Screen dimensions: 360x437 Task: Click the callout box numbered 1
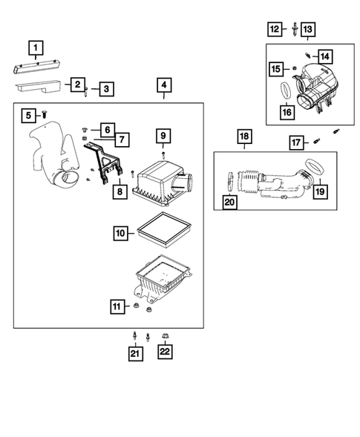pos(36,47)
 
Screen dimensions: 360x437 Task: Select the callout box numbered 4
pos(164,85)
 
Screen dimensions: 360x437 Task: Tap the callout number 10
pos(121,233)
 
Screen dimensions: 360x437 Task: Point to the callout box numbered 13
pos(308,29)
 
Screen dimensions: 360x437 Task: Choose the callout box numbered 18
pos(244,137)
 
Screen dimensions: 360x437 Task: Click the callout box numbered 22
pos(165,352)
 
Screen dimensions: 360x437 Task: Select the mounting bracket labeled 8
pos(103,161)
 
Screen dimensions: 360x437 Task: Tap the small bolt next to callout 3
pos(86,91)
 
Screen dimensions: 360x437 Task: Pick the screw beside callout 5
pos(45,114)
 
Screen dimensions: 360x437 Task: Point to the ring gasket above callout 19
pos(314,167)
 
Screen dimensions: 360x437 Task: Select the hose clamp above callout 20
pos(231,182)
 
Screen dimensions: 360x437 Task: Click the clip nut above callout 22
pos(165,336)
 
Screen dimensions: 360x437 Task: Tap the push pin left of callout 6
pos(85,129)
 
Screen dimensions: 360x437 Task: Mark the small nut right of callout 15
pos(294,68)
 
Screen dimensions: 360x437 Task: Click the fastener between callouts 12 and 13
pos(295,29)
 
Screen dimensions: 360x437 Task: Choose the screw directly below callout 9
pos(163,156)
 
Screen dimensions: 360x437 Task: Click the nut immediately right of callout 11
pos(137,306)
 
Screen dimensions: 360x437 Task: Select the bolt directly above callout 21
pos(135,336)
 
